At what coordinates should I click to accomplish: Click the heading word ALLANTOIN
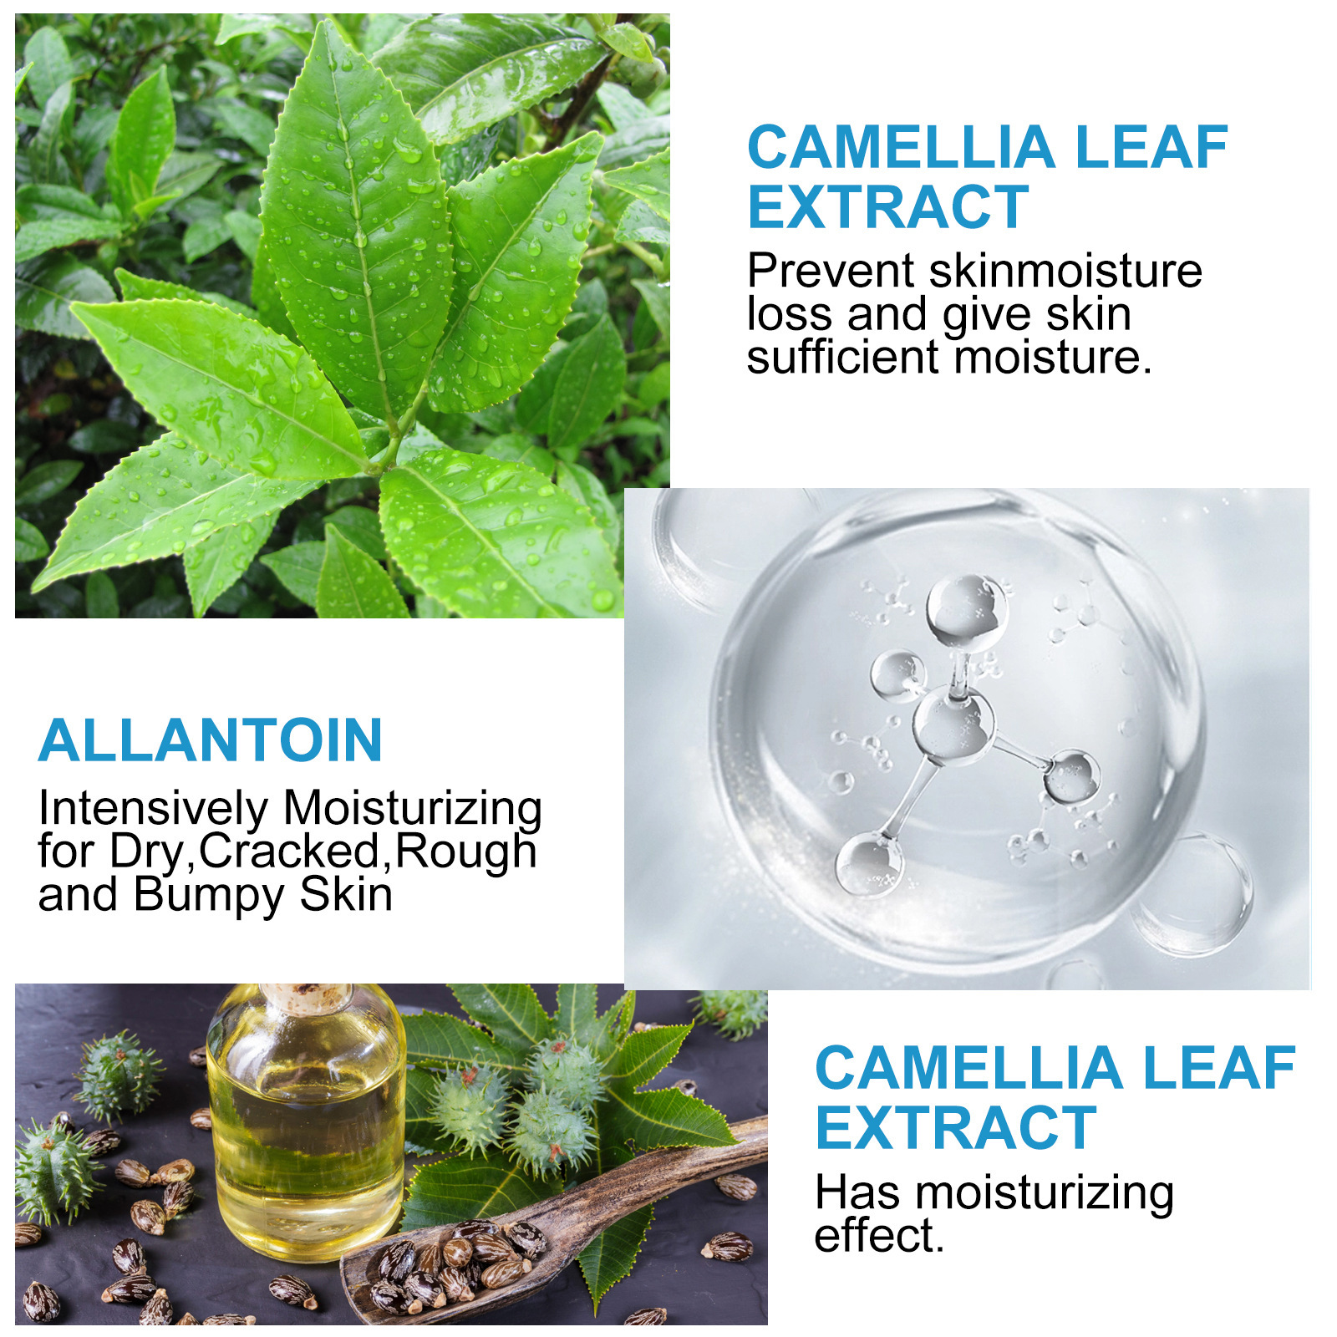(x=211, y=741)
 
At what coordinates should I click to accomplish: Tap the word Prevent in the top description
(x=831, y=272)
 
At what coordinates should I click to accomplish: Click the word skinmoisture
(x=1065, y=272)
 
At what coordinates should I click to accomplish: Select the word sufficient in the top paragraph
(x=843, y=358)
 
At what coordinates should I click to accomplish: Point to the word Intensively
(x=153, y=809)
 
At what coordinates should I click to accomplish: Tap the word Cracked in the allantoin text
(x=290, y=852)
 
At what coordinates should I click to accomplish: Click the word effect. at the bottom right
(x=878, y=1237)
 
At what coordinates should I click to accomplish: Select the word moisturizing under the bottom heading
(x=1045, y=1193)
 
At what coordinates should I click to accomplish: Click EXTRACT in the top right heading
(x=887, y=207)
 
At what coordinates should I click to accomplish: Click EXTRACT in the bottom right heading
(x=955, y=1129)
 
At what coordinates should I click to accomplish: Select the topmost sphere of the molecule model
(x=967, y=610)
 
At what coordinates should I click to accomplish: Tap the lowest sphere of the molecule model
(x=869, y=865)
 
